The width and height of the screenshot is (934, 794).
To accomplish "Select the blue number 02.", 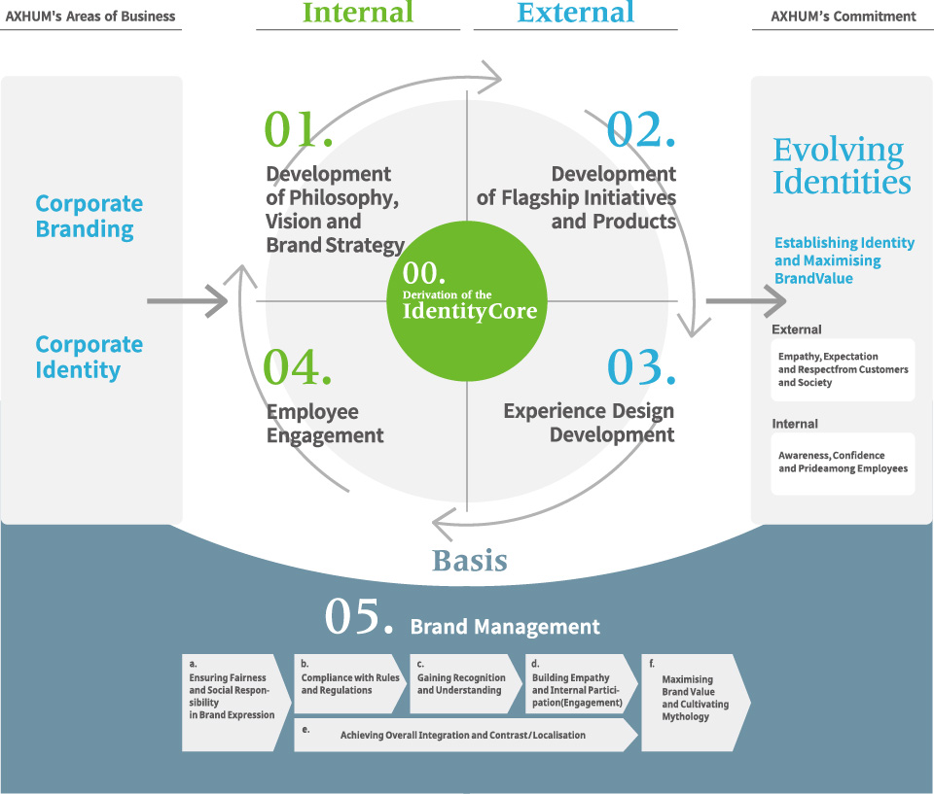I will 640,130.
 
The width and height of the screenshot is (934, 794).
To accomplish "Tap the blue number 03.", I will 640,367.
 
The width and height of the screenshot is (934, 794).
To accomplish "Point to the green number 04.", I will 298,367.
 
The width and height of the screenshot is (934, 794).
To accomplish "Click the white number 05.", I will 358,619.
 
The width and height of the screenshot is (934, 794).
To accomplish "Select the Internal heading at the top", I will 358,13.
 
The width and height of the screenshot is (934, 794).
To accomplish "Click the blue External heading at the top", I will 575,13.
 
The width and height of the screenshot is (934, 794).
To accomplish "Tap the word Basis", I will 470,561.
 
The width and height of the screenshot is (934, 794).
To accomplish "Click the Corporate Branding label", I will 90,217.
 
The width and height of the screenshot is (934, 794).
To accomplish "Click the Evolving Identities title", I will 842,166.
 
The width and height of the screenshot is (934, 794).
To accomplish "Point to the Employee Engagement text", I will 325,423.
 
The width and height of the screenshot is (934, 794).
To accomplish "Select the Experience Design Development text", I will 589,423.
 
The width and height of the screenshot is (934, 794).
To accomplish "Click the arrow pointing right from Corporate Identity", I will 188,301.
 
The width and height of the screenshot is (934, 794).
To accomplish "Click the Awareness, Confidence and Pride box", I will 843,463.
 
